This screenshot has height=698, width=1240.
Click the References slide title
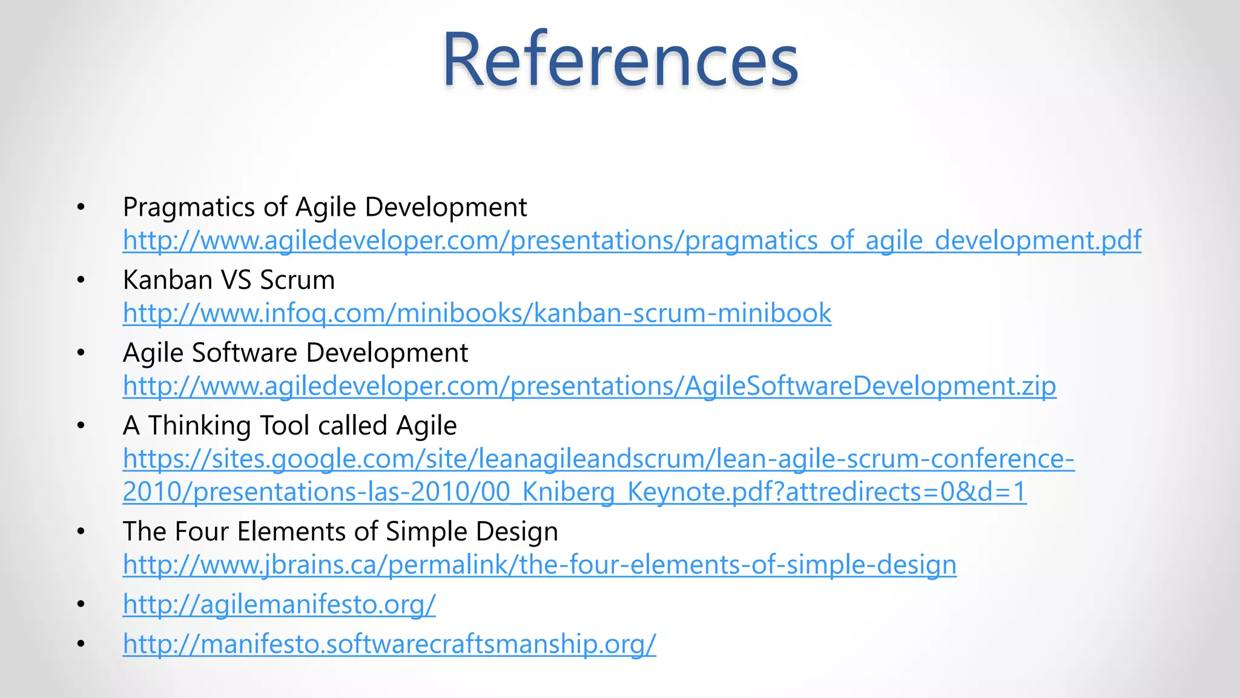[x=620, y=61]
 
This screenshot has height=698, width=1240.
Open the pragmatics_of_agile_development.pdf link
[x=632, y=241]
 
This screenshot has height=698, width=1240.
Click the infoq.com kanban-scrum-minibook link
[x=477, y=313]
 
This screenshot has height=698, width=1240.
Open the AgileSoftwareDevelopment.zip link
[x=589, y=386]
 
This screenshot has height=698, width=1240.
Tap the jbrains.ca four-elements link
[x=539, y=565]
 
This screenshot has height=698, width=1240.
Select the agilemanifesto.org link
[x=279, y=604]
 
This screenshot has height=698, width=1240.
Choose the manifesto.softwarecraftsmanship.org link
[x=389, y=643]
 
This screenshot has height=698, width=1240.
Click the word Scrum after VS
[x=297, y=280]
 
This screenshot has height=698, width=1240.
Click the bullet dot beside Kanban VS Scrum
[x=81, y=280]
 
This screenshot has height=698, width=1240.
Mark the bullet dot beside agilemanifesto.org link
[x=81, y=604]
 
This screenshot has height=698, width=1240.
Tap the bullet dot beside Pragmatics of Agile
[x=81, y=207]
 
